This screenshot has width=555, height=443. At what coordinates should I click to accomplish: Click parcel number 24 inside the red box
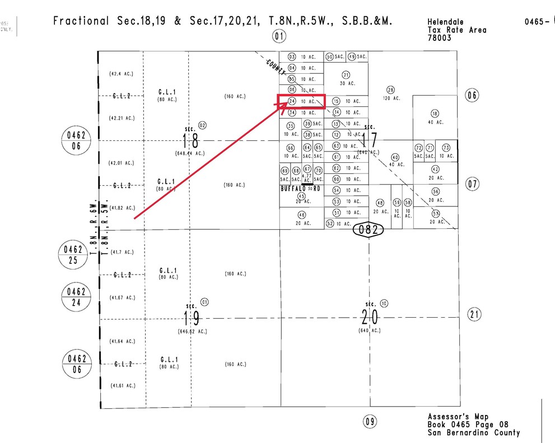click(x=292, y=101)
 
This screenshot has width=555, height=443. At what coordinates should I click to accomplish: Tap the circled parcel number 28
click(x=390, y=89)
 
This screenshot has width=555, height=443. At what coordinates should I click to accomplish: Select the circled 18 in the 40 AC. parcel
click(x=435, y=113)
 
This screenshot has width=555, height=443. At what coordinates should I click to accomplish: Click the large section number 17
click(x=369, y=139)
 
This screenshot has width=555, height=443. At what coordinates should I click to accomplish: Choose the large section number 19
click(x=191, y=318)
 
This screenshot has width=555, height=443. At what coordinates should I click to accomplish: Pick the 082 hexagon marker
click(x=368, y=229)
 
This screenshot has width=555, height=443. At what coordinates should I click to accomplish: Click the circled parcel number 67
click(x=307, y=169)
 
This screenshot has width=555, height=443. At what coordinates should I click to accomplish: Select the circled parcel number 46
click(x=302, y=215)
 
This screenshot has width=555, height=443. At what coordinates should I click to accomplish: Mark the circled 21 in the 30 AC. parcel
click(x=346, y=75)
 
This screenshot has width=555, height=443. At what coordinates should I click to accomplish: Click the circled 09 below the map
click(x=369, y=421)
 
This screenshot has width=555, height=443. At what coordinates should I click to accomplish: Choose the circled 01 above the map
click(x=279, y=37)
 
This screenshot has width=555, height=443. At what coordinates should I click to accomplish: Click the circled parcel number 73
click(x=446, y=148)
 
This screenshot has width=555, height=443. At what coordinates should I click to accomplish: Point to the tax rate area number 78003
click(x=439, y=38)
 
